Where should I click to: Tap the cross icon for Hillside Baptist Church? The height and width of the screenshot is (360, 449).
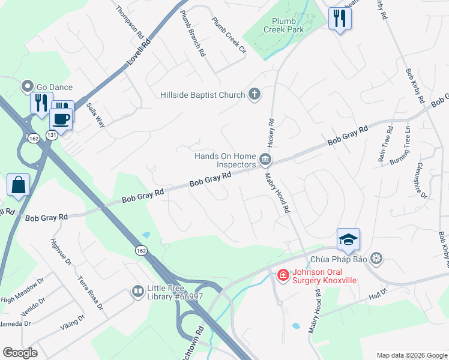pos(255,94)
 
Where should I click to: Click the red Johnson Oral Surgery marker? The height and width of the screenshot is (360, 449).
pos(283,275)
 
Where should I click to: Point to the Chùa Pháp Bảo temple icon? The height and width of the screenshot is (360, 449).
pos(376,259)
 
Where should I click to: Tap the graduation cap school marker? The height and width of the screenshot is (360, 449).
pos(348,240)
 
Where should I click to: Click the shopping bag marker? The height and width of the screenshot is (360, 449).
pos(18,185)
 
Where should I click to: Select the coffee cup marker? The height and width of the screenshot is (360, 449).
pos(62,118)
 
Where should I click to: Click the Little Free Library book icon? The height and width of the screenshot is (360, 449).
pos(137,292)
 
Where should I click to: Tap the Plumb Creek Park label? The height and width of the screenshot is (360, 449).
pos(287,25)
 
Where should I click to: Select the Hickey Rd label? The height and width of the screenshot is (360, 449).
pos(271,133)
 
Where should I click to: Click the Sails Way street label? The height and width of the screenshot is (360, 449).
pos(95,114)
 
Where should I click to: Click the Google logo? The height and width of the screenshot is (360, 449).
pos(20,353)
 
